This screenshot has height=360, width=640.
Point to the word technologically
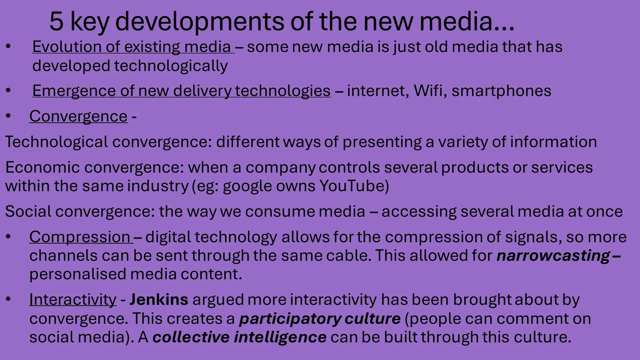point(171,66)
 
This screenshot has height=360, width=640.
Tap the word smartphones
point(501,91)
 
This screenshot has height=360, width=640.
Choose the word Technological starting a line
point(56,142)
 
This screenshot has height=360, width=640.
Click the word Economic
point(42,167)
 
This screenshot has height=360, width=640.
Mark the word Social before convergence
point(28,211)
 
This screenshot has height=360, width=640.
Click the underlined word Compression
point(79,237)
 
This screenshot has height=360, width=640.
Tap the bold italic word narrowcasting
point(553,256)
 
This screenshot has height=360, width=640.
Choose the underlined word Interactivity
point(73,299)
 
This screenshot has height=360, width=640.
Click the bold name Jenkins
point(159,299)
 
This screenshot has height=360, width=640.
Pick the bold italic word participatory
point(289,319)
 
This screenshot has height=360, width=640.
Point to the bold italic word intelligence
point(280,337)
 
